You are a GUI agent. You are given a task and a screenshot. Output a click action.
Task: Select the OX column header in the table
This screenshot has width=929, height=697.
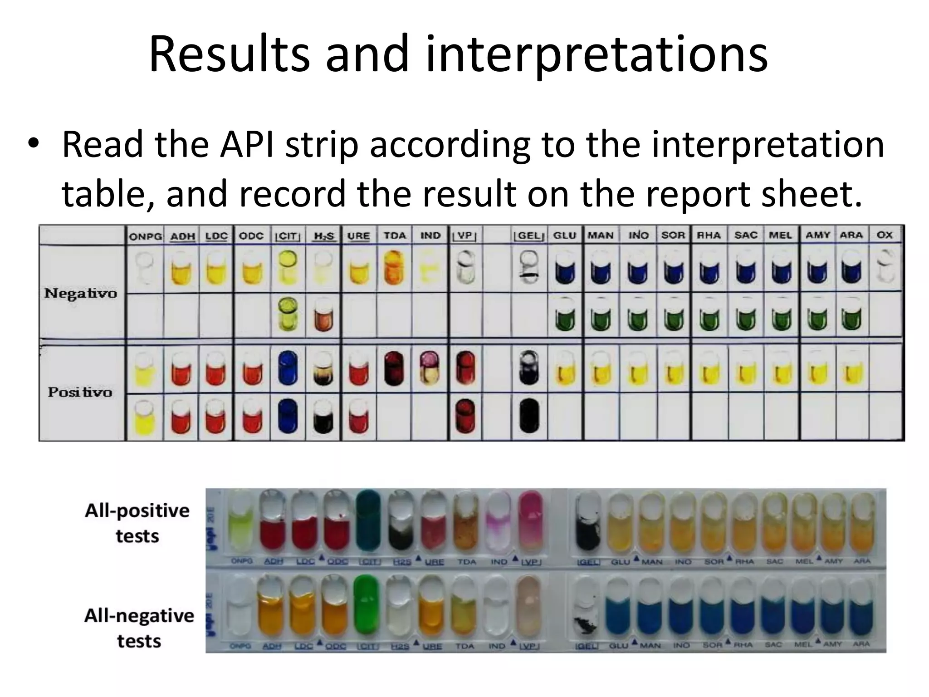884,235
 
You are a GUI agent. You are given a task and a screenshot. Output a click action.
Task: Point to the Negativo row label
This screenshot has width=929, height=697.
81,293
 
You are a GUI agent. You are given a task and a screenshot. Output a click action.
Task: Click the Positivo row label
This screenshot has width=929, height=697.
80,392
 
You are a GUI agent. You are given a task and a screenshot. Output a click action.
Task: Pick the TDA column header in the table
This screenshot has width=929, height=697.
395,236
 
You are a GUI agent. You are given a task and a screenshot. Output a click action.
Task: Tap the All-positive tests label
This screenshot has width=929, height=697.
137,523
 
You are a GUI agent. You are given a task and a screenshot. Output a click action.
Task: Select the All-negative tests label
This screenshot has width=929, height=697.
139,628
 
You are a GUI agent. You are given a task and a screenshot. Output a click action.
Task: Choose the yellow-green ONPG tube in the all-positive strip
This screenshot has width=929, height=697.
241,524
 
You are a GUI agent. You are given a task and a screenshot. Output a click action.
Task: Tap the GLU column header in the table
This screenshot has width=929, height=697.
564,236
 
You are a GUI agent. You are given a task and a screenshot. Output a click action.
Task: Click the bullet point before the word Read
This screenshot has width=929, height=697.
33,145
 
